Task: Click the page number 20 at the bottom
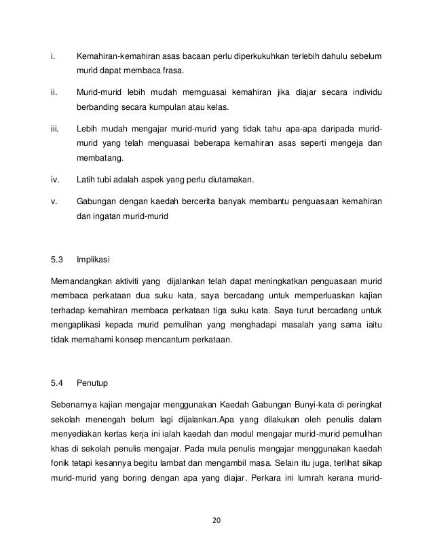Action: tap(216, 521)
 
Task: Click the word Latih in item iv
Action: tap(86, 179)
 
